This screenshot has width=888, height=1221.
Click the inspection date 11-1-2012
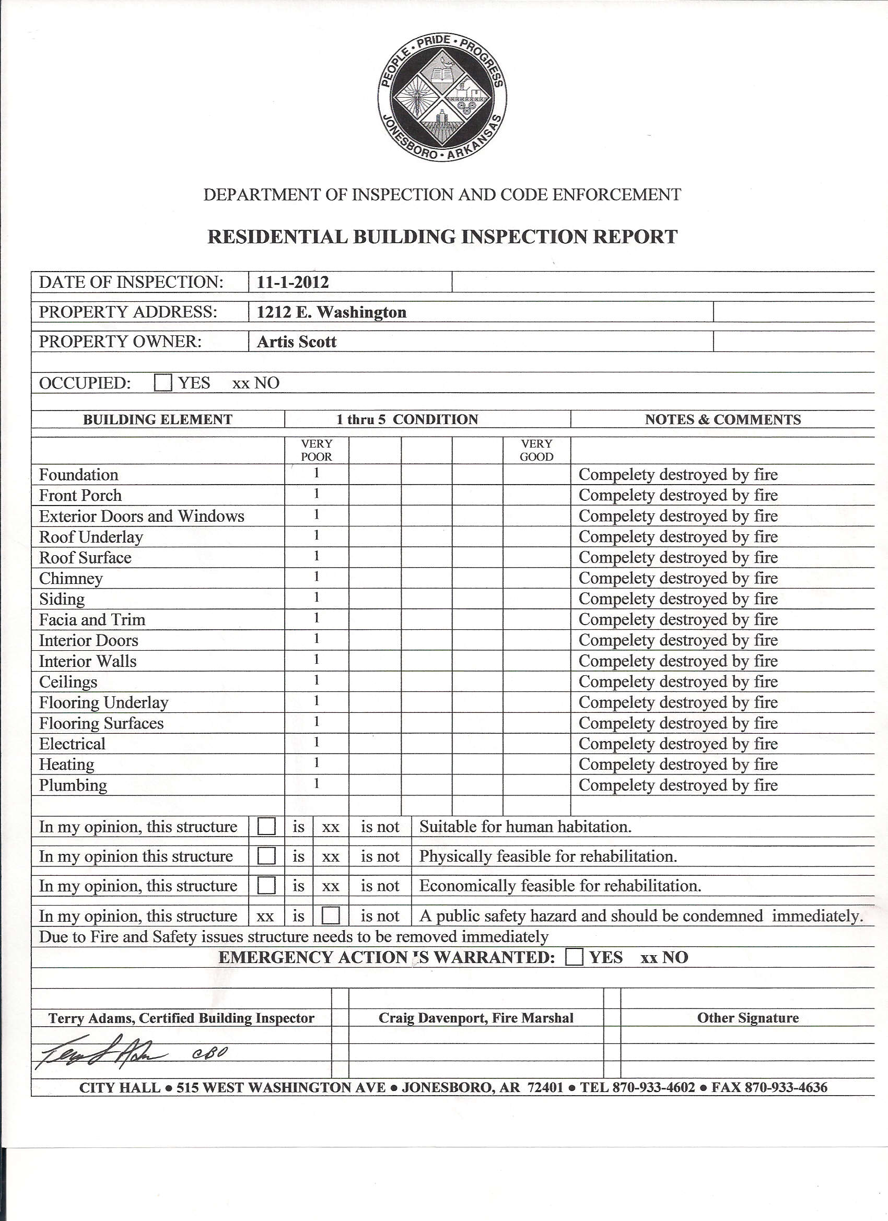tap(293, 282)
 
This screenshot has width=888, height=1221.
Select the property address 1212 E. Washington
tap(331, 312)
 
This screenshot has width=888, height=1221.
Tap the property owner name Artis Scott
tap(296, 342)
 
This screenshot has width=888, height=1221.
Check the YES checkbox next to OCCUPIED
tap(162, 383)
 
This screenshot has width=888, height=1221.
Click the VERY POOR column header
tap(316, 450)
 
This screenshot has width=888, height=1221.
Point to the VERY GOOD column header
tap(536, 450)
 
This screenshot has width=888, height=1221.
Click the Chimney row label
tap(71, 578)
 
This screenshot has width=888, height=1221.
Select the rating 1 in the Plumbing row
tap(317, 783)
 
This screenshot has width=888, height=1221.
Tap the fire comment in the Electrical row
tap(678, 744)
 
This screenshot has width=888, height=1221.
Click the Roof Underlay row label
tap(91, 537)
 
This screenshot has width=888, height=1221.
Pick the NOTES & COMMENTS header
tap(723, 419)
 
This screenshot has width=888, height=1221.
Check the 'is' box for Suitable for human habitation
tap(266, 826)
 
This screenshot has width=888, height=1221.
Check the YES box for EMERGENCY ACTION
tap(575, 957)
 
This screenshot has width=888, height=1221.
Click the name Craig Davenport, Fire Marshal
tap(475, 1018)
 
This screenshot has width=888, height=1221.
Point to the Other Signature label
tap(747, 1018)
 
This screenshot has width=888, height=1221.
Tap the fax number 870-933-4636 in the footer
tap(786, 1087)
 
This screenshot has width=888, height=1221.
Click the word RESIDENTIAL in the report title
tap(277, 237)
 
